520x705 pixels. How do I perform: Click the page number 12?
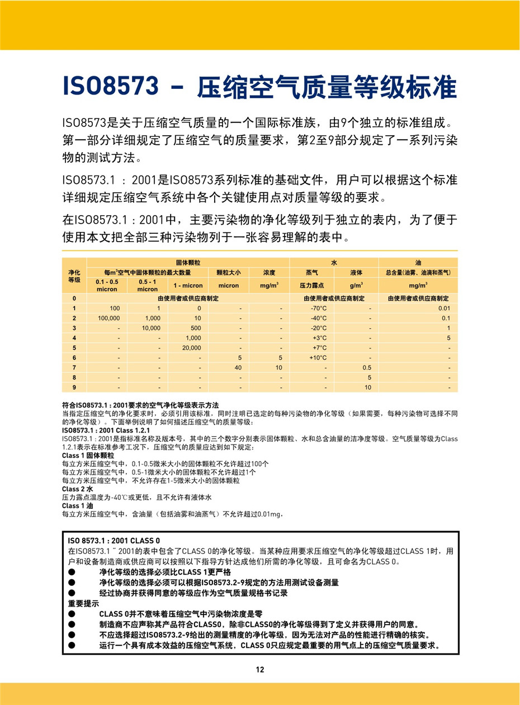(x=260, y=670)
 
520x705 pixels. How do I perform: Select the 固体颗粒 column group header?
(x=188, y=262)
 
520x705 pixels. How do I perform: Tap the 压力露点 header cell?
(x=311, y=285)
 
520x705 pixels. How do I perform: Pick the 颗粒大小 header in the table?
(x=228, y=272)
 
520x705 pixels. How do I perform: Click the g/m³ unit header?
(x=356, y=285)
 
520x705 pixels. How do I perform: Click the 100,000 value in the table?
(x=108, y=318)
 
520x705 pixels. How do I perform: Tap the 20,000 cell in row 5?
(x=192, y=348)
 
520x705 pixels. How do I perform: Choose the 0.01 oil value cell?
(x=445, y=308)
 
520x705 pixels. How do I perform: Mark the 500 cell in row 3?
(x=196, y=328)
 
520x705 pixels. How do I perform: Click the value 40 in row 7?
(x=238, y=367)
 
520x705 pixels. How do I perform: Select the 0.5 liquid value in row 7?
(x=367, y=367)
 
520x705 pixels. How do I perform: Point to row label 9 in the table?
(x=74, y=387)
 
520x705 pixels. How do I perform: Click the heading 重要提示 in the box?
(x=83, y=604)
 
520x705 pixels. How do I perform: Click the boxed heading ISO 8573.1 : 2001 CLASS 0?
(x=114, y=541)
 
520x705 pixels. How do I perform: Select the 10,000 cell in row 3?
(x=151, y=328)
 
